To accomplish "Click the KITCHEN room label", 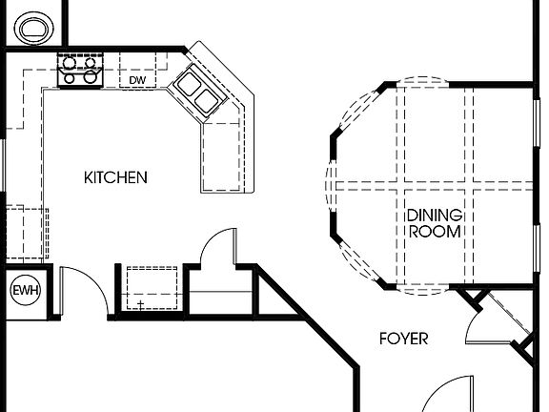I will click(115, 177).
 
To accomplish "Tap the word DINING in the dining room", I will click(435, 215).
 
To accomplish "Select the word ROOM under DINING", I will click(435, 231).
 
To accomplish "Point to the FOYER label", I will click(403, 339).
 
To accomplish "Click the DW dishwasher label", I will click(137, 80).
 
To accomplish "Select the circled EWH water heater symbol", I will click(22, 290).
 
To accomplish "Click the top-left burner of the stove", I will click(68, 59).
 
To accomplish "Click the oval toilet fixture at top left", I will click(32, 28).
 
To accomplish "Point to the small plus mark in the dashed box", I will click(140, 304).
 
